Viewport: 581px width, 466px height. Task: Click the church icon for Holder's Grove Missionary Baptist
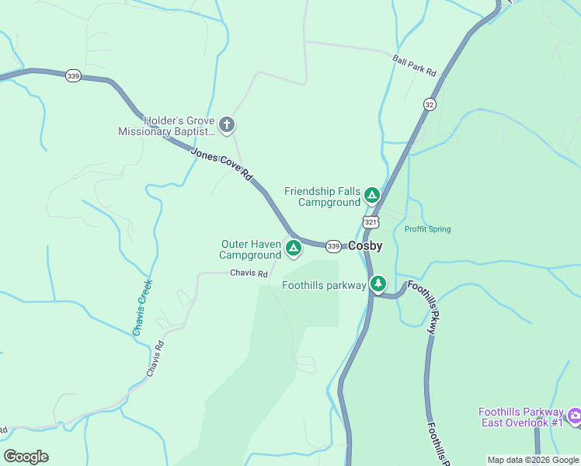point(227,124)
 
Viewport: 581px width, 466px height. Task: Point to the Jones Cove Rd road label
point(222,165)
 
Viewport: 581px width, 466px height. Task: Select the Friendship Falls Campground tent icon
point(372,194)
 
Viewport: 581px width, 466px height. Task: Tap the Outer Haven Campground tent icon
point(293,249)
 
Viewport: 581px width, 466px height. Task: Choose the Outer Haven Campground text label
point(250,249)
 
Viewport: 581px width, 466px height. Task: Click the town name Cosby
point(365,245)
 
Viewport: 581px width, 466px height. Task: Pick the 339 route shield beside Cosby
point(333,246)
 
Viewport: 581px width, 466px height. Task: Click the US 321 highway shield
point(371,223)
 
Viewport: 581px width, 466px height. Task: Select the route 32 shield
point(430,104)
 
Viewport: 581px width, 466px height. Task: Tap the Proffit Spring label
point(427,229)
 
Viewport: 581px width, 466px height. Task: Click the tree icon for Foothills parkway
point(378,283)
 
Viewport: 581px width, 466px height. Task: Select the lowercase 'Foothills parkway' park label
point(324,285)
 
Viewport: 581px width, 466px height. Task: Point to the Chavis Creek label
point(142,308)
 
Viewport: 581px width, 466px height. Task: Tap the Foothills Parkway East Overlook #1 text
point(520,417)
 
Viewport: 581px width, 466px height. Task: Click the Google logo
point(26,457)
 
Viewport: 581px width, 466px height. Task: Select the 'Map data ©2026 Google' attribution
point(533,460)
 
